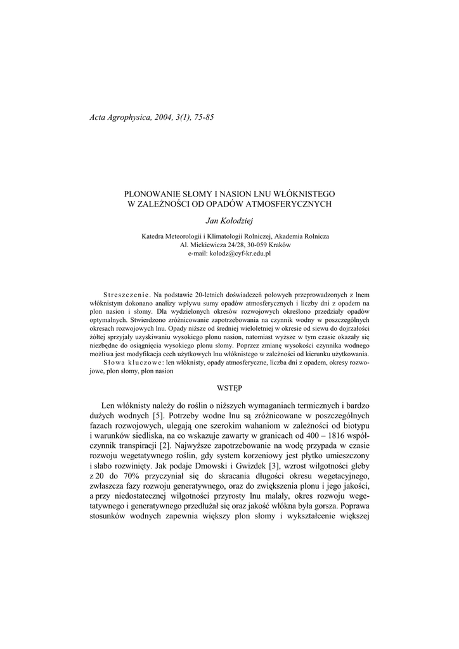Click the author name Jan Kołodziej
[229, 220]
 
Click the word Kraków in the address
[279, 245]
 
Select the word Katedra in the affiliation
[154, 236]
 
